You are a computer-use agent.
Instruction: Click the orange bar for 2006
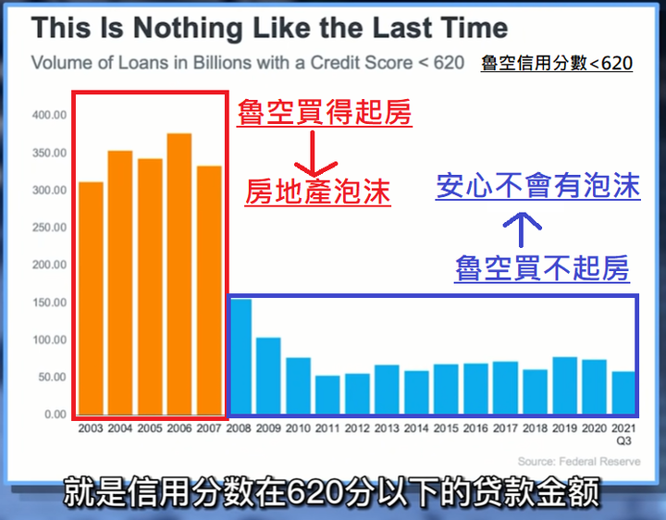179,274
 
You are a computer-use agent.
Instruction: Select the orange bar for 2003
91,298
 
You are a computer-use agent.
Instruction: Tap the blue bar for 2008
240,356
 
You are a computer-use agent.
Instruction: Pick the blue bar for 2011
327,395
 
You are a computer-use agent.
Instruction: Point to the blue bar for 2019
564,385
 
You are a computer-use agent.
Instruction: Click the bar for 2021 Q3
623,392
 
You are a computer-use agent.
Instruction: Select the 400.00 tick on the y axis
49,115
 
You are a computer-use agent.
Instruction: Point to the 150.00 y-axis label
49,303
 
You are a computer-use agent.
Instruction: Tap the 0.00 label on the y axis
55,415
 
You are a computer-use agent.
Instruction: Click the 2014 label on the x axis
416,428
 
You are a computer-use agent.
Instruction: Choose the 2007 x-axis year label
209,428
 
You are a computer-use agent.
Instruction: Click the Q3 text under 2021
624,441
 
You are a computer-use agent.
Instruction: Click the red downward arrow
313,154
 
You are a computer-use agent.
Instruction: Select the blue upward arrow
522,229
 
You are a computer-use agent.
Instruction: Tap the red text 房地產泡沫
317,192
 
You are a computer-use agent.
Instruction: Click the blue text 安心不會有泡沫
538,186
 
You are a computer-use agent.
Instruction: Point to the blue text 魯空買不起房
542,268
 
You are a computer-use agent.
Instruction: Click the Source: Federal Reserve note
579,462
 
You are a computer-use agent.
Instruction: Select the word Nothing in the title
187,28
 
